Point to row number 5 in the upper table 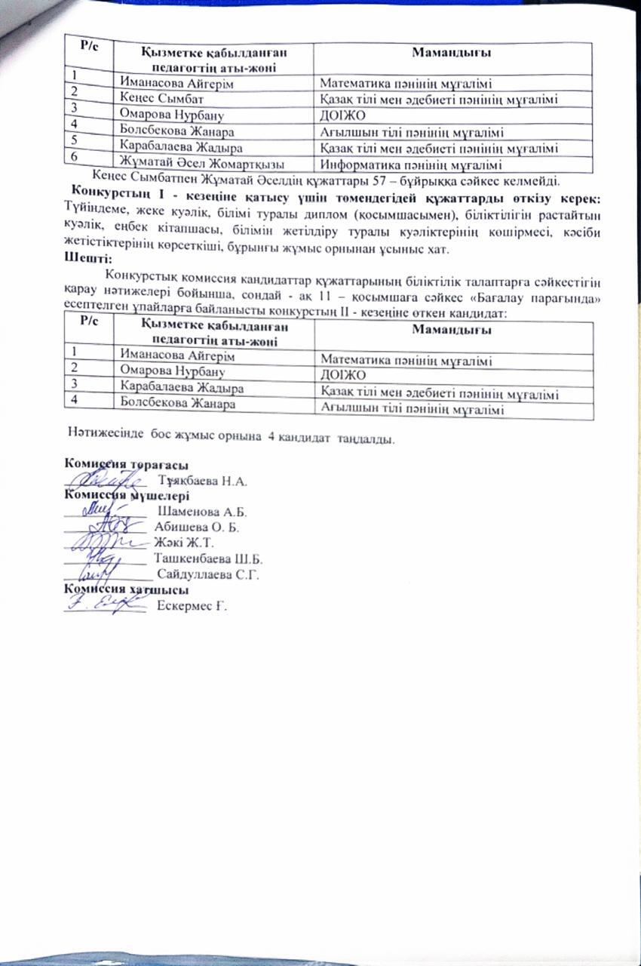click(x=75, y=140)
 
